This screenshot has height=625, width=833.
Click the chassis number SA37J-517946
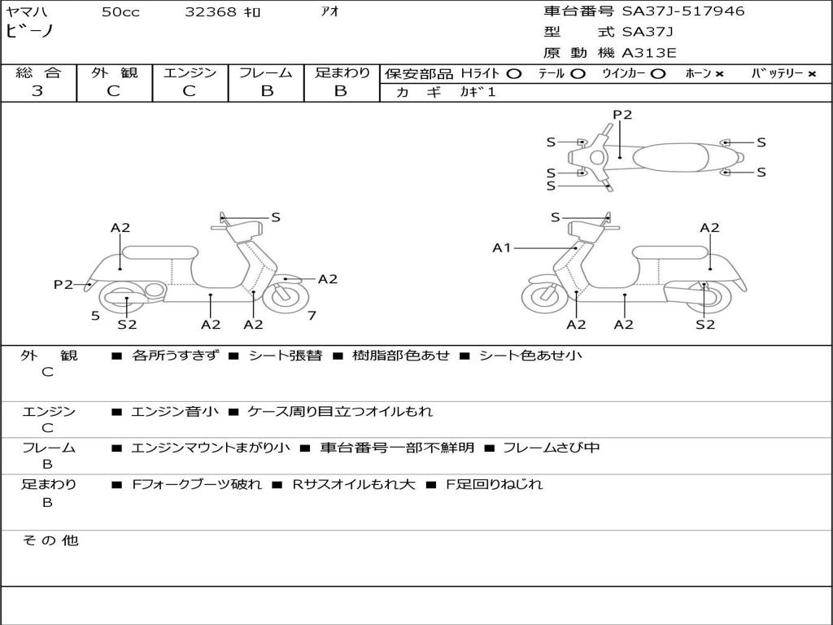pos(683,11)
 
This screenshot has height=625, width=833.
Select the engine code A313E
pos(649,53)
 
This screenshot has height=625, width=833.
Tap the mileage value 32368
pos(211,12)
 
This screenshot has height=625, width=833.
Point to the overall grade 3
pos(37,91)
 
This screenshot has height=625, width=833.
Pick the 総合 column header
pos(37,72)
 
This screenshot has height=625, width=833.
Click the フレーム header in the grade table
pos(266,72)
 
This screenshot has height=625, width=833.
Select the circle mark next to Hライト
pos(513,73)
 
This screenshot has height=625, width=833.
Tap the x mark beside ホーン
pos(720,74)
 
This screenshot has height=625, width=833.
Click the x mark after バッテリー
pos(812,74)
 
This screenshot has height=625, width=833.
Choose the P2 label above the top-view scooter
pos(622,115)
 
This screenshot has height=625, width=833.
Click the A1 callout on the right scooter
pos(502,247)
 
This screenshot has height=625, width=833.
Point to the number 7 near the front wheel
pos(312,315)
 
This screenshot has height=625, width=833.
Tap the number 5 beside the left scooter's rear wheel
pos(95,315)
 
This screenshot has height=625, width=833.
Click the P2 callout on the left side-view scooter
pos(63,284)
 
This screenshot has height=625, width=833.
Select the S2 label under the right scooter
pos(705,325)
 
